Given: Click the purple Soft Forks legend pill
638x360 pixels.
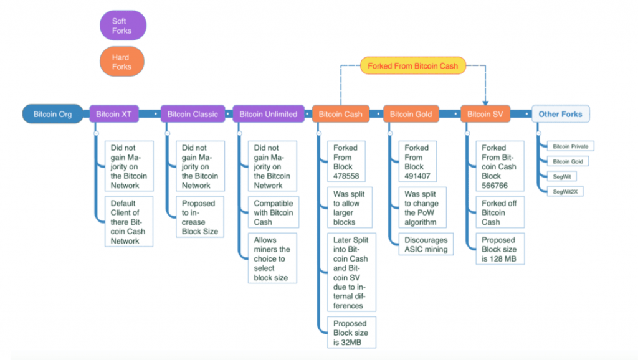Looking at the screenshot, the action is (123, 26).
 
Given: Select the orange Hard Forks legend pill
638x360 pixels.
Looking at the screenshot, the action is (122, 62).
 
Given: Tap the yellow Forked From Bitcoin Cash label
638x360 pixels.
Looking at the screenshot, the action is (413, 66).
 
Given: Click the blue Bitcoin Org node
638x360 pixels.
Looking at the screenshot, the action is (52, 114).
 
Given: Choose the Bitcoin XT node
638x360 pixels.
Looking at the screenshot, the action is (114, 114).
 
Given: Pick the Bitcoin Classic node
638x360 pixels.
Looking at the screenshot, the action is (193, 114).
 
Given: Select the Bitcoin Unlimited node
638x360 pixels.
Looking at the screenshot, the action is (269, 114).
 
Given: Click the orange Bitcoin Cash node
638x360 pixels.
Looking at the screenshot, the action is (341, 114).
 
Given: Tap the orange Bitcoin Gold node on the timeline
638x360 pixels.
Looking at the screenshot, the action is (411, 114).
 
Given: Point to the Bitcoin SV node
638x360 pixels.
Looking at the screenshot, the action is (485, 114).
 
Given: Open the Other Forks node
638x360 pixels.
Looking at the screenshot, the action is (560, 114).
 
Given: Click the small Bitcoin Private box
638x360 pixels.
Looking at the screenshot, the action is (571, 146).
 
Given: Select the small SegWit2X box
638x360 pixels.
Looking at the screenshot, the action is (565, 192).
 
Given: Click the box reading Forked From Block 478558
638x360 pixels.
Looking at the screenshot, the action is (346, 161).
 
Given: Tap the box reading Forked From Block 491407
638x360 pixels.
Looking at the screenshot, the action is (417, 161).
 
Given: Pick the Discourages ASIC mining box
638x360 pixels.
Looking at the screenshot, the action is (426, 245).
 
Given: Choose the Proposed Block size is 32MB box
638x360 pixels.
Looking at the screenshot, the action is (351, 333).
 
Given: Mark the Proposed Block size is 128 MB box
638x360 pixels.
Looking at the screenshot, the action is (500, 249).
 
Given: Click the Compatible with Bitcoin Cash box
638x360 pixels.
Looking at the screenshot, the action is (274, 212).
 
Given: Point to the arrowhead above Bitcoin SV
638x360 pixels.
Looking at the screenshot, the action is (485, 103).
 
